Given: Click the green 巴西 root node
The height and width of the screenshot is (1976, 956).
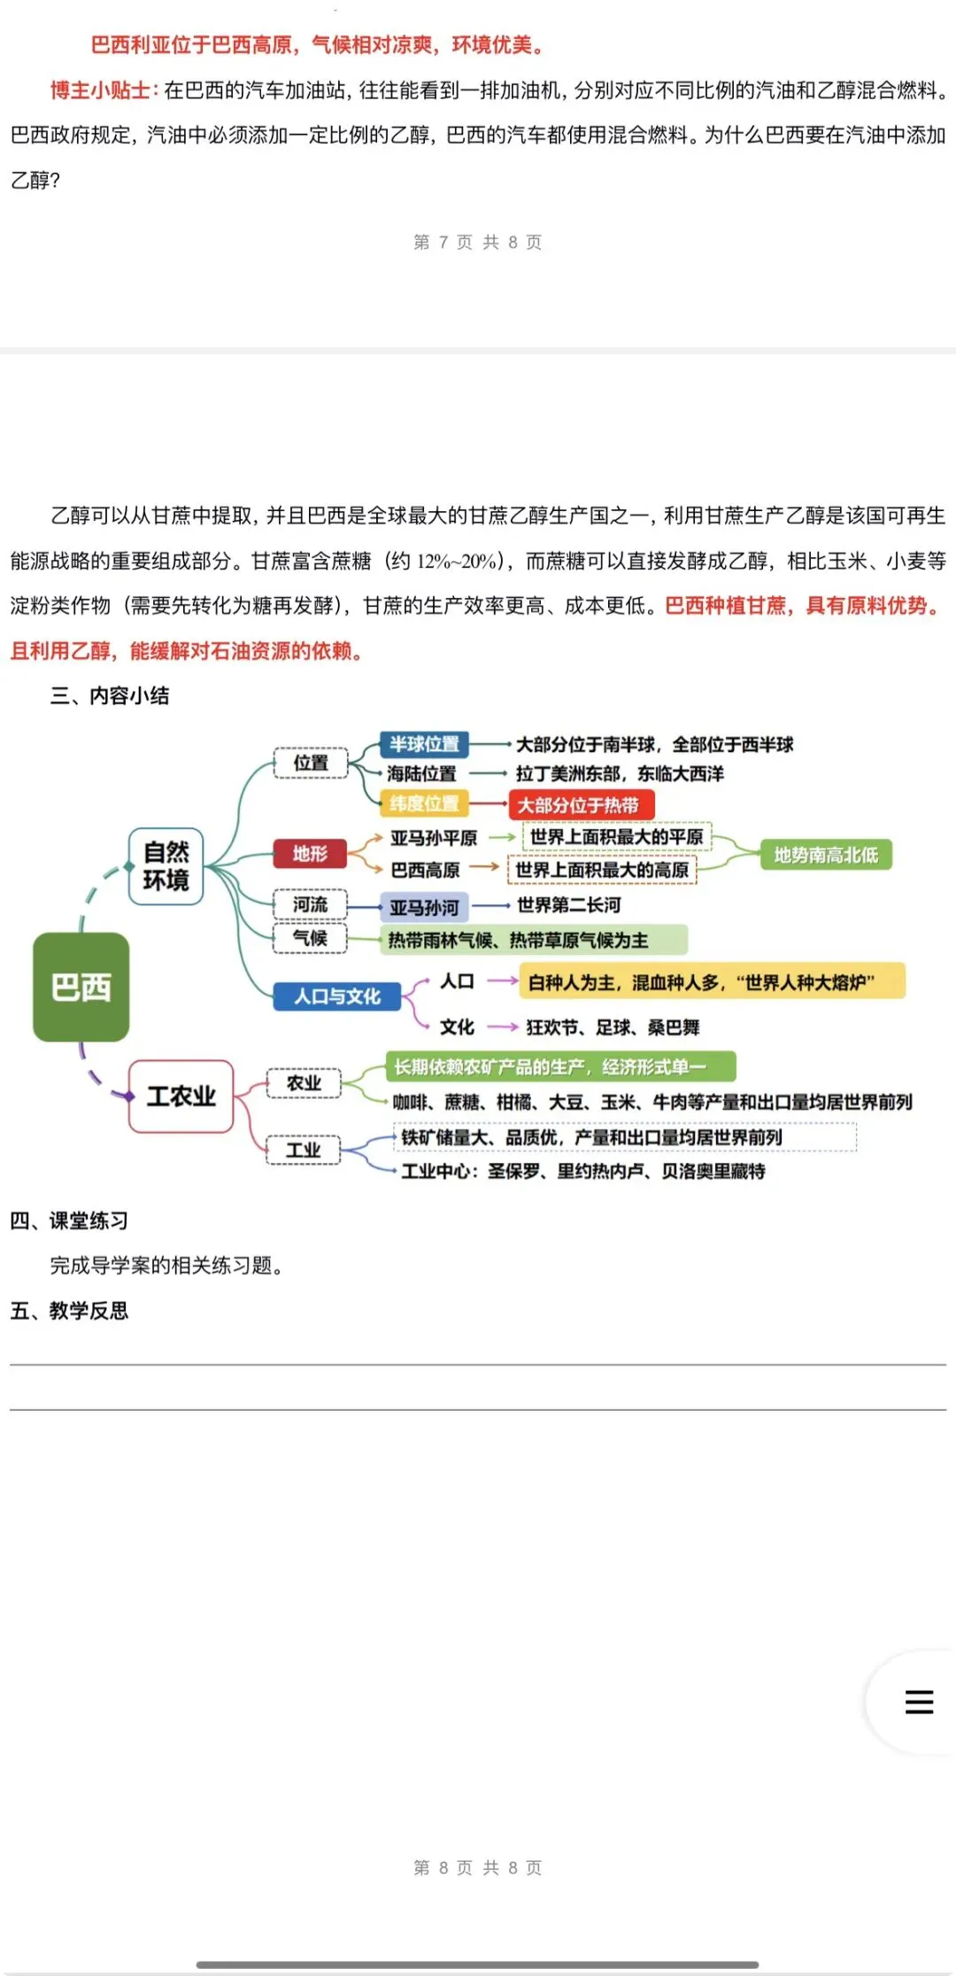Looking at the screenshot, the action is [81, 987].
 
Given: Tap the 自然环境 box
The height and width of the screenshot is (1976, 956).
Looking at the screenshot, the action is [166, 866].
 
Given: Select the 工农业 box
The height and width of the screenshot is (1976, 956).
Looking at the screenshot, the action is [181, 1096].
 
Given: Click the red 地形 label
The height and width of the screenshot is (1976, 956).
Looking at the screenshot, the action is [310, 853].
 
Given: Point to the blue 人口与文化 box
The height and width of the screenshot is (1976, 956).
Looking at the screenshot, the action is [337, 996].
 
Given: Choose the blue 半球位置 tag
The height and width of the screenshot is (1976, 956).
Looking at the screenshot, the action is [425, 744].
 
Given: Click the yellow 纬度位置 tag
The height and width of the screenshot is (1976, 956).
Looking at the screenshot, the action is [425, 803].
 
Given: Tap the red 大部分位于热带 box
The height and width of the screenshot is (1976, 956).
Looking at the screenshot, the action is [581, 805].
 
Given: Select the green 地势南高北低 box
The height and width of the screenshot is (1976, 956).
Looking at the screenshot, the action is [826, 855].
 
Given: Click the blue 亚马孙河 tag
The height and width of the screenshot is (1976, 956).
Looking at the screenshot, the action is [425, 907].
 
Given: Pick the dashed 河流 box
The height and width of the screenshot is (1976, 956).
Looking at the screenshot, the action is [310, 904].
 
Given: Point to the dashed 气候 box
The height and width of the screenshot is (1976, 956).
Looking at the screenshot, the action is [310, 938].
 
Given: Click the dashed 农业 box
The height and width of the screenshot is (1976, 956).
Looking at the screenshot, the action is [304, 1083].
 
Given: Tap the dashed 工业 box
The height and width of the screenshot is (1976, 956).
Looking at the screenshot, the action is [304, 1150].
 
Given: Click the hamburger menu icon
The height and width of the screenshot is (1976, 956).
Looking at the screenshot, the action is [919, 1701].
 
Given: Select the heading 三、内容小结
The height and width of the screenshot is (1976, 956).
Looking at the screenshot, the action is [110, 696].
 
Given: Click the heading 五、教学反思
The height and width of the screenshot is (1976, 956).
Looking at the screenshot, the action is [70, 1311].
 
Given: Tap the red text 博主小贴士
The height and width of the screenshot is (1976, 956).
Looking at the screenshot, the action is [102, 90].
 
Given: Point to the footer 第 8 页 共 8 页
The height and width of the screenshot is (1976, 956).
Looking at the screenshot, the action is [478, 1868].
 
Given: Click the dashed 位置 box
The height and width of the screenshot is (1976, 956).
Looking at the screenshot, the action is [311, 763].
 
